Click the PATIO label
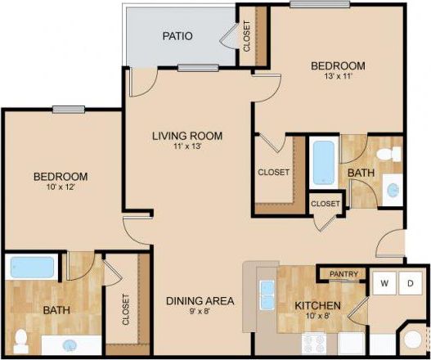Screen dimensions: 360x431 tap(177, 36)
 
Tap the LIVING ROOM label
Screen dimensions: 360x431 tap(187, 136)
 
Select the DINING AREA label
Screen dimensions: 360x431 tap(200, 301)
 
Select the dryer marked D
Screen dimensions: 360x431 tap(412, 283)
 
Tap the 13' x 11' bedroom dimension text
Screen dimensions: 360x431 tap(337, 78)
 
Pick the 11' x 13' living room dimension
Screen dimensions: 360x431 tap(187, 147)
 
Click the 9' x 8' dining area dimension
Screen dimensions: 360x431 tap(200, 312)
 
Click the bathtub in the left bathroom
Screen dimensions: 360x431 tap(32, 268)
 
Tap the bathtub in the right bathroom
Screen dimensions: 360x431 tap(323, 162)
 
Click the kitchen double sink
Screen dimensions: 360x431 tap(266, 292)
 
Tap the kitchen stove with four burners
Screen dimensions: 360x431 tap(314, 344)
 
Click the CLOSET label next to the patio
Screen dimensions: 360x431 tap(247, 36)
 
